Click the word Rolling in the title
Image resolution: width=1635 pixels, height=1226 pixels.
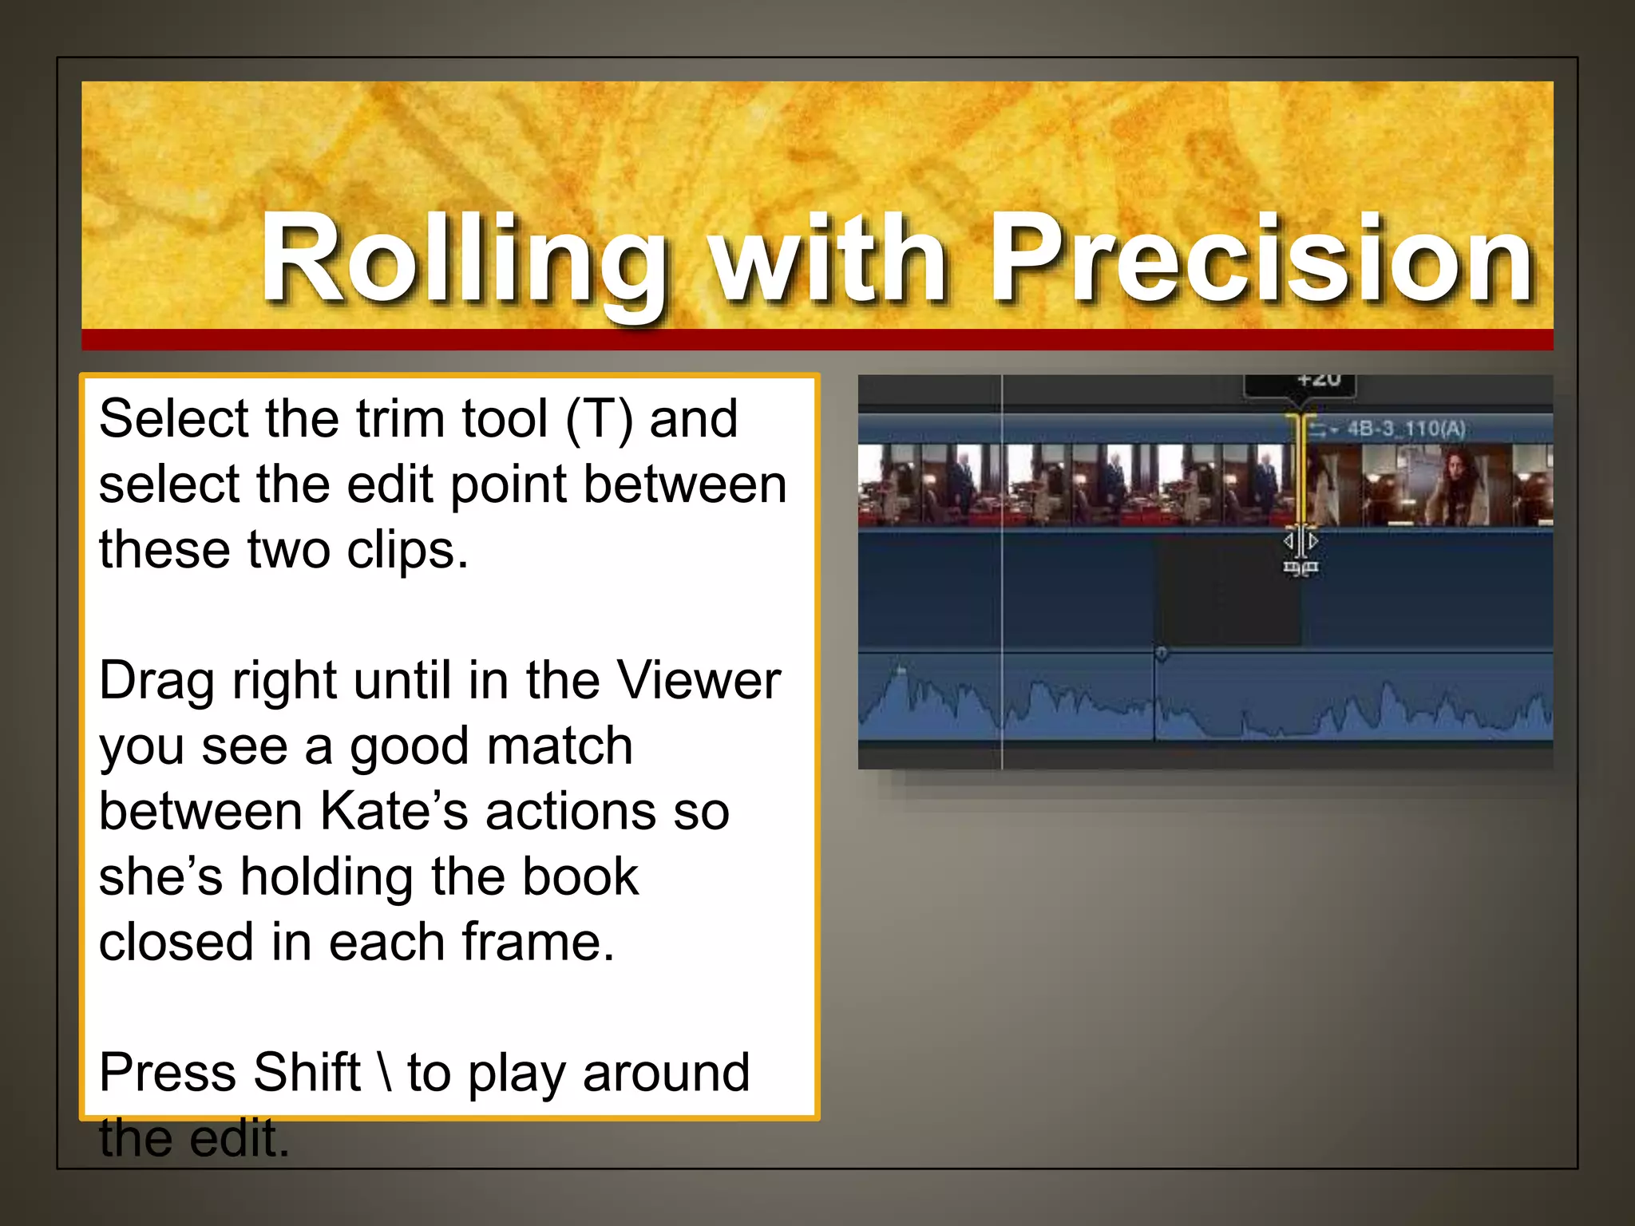click(x=463, y=259)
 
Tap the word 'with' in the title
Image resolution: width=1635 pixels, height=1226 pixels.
click(x=830, y=259)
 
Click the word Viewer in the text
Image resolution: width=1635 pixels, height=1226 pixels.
click(x=699, y=682)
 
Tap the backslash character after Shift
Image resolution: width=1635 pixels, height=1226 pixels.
click(x=386, y=1072)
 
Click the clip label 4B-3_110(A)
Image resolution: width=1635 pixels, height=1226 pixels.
click(x=1406, y=429)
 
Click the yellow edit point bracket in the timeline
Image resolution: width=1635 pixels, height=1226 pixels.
click(x=1300, y=471)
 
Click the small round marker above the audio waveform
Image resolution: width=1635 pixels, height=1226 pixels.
click(x=1162, y=654)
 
